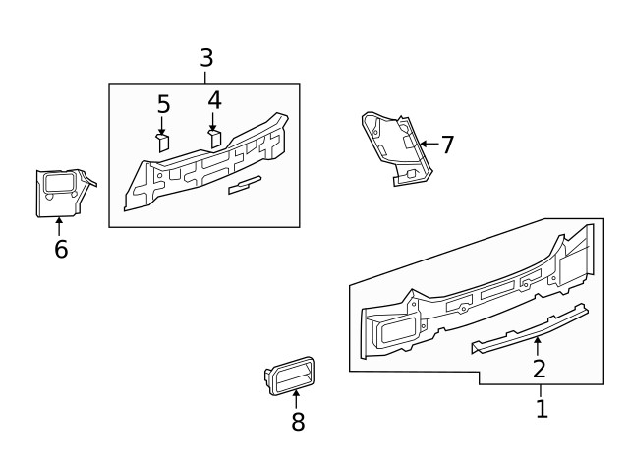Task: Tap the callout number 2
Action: point(539,370)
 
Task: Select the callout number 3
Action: point(205,58)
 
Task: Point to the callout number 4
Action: point(214,100)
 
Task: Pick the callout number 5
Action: point(163,104)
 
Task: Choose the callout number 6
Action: point(61,250)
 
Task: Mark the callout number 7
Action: point(447,145)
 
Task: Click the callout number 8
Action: point(298,422)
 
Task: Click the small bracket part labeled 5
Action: point(163,142)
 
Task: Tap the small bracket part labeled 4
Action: point(213,137)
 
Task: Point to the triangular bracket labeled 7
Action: point(395,147)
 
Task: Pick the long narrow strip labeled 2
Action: point(531,327)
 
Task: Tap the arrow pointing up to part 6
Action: point(59,225)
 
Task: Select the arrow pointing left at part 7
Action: point(426,145)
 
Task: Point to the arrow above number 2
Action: point(538,345)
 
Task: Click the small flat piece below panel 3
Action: point(243,186)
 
